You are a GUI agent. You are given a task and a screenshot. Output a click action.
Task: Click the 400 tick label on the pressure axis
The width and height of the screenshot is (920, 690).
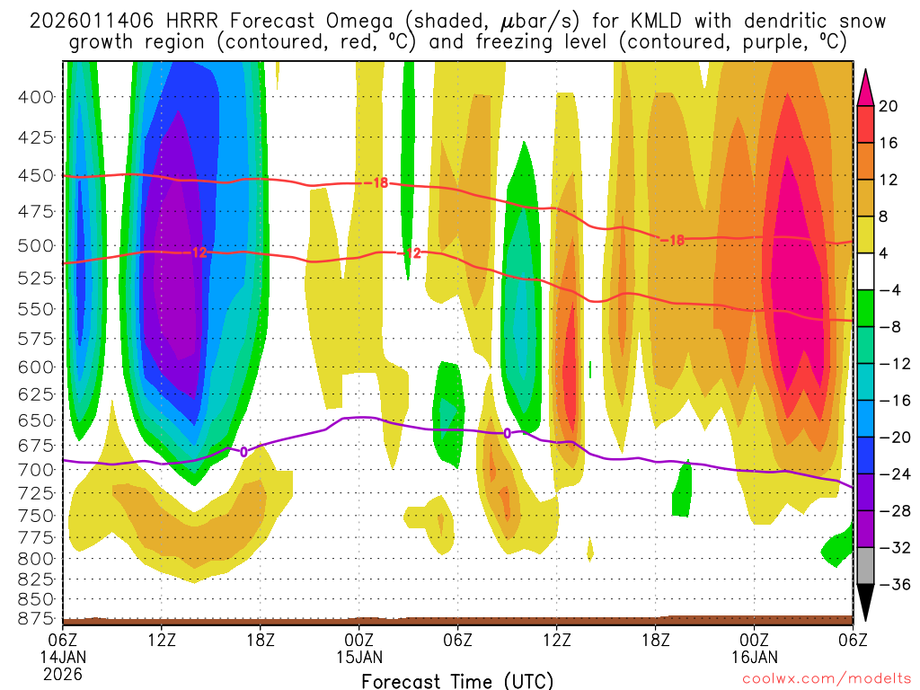(x=37, y=96)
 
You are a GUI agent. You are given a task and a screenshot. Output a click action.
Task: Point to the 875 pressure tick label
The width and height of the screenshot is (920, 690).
(x=37, y=618)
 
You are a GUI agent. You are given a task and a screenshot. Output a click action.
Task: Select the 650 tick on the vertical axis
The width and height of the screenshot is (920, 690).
(x=37, y=420)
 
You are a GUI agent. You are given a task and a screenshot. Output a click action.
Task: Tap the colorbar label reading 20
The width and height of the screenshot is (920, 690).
(x=889, y=106)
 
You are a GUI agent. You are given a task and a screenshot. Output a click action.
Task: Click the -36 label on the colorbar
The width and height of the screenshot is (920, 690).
(x=889, y=584)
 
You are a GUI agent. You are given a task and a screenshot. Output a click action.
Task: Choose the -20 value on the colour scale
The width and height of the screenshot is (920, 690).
(x=889, y=437)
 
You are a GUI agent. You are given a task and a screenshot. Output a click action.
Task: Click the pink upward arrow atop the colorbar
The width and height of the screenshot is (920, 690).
(x=866, y=86)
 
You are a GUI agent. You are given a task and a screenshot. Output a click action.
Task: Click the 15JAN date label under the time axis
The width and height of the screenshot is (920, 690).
(x=359, y=656)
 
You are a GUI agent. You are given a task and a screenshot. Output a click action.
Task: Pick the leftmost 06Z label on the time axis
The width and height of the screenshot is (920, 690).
(x=63, y=640)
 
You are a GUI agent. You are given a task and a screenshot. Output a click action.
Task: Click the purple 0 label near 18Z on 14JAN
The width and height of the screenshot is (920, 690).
(x=243, y=452)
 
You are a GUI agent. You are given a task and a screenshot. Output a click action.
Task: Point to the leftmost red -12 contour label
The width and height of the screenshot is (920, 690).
(x=199, y=252)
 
